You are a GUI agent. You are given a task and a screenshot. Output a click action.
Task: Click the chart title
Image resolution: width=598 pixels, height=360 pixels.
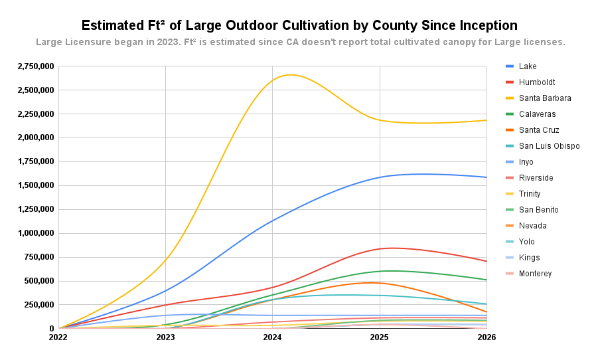[299, 25]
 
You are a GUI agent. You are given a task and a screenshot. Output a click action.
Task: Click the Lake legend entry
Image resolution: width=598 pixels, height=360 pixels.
[528, 66]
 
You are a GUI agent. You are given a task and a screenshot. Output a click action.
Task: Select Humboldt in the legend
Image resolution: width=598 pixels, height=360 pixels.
[537, 82]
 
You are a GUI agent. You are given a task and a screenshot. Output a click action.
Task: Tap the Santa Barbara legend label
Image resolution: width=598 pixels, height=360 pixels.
[545, 98]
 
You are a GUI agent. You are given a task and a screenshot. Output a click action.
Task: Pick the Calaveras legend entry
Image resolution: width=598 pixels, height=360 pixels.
[538, 114]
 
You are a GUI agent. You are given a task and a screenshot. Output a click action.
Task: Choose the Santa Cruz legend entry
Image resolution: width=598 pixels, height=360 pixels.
[539, 130]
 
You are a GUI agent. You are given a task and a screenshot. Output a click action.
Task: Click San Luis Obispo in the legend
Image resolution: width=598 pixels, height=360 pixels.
[549, 146]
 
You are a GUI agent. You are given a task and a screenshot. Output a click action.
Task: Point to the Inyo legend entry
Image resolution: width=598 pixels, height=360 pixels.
[526, 162]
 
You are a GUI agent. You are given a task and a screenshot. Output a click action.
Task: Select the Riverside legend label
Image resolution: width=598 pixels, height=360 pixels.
[536, 178]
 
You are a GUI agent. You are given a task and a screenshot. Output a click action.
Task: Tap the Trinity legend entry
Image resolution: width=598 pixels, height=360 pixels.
[530, 194]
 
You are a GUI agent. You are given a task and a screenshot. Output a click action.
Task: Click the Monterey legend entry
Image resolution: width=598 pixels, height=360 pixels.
[535, 274]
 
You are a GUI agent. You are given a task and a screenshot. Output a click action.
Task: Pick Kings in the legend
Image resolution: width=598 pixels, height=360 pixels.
[529, 258]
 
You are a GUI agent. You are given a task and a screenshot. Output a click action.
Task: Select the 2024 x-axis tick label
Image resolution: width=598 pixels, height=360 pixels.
[272, 337]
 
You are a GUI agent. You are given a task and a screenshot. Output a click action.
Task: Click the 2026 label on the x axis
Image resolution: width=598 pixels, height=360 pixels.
[486, 337]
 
